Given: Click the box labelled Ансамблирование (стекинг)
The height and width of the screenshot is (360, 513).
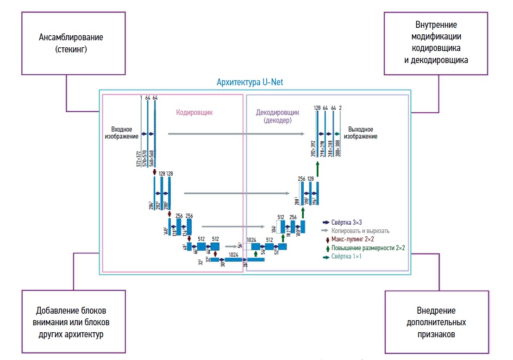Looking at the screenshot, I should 70,42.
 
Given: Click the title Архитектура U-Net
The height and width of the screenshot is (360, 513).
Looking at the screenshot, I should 250,82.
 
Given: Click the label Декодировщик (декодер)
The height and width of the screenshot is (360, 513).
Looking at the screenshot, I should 278,116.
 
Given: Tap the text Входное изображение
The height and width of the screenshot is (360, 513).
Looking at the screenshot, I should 125,133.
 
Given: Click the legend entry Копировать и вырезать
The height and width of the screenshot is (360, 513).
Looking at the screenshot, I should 360,231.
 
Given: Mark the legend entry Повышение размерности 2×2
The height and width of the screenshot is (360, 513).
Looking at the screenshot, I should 368,248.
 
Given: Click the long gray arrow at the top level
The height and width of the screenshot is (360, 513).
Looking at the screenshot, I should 236,133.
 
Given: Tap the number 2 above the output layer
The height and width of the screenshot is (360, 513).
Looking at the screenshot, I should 340,108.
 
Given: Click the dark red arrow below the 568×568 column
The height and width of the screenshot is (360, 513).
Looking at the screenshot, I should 155,172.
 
